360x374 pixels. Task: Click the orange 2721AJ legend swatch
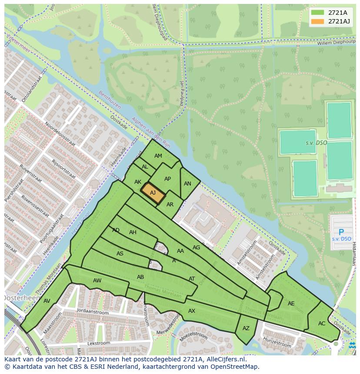pos(317,21)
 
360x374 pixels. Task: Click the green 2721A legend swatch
pos(317,13)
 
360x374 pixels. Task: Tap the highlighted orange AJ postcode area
pos(153,193)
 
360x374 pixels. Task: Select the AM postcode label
pos(158,156)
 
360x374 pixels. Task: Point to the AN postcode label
pos(187,184)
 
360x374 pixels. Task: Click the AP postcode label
pos(168,179)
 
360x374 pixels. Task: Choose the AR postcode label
pos(170,205)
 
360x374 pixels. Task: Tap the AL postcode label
pos(145,167)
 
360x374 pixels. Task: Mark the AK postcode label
pos(138,182)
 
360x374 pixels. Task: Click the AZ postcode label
pos(246,328)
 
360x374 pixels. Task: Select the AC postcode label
pos(322,324)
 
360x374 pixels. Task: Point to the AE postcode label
pos(291,304)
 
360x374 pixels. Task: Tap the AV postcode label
pos(47,301)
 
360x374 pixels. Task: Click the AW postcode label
pos(97,281)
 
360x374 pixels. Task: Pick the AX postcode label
pos(192,311)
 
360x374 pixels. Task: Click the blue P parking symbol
pos(341,232)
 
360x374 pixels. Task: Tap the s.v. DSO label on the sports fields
pos(316,143)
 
